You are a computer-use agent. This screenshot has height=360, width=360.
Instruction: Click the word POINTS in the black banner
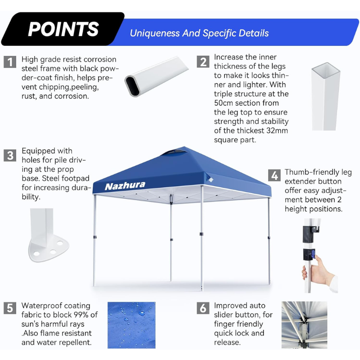[63, 29]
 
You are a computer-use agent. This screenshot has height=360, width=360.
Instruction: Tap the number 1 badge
[10, 62]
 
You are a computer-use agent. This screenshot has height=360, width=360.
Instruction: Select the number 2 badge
[203, 62]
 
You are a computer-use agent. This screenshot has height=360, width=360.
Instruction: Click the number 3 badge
[10, 155]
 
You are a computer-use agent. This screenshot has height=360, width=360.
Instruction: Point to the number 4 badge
[274, 175]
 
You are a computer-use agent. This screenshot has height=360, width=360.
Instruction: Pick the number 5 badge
[10, 308]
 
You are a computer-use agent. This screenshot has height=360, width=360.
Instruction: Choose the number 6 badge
[203, 308]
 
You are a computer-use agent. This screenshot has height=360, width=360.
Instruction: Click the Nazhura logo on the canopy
[125, 186]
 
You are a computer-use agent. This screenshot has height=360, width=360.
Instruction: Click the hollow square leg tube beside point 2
[325, 96]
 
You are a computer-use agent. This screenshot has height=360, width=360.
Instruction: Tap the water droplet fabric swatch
[131, 325]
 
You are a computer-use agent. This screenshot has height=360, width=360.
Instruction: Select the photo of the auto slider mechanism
[304, 325]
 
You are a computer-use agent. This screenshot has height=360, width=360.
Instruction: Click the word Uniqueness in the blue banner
[155, 33]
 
